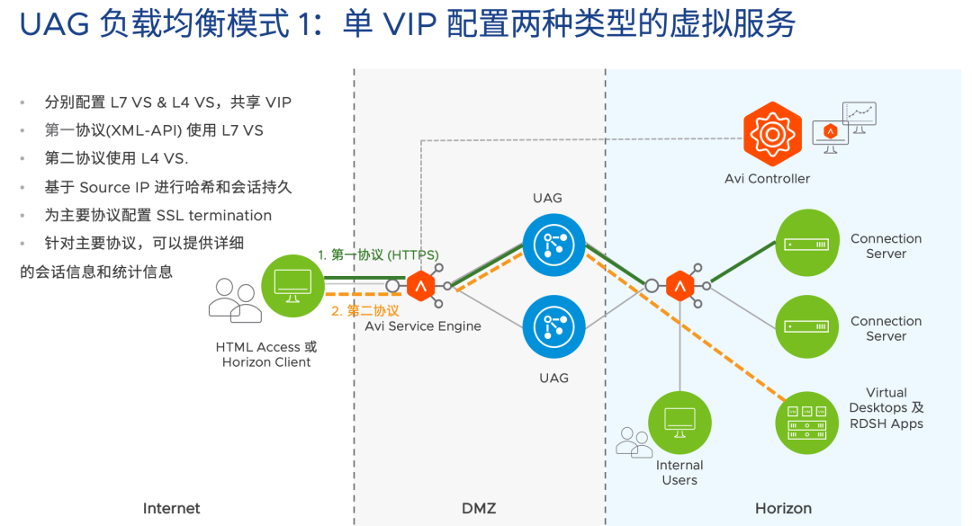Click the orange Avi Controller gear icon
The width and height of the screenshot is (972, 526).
(x=772, y=134)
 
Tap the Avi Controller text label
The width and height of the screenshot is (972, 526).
(x=767, y=178)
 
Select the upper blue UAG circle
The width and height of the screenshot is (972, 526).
(x=553, y=245)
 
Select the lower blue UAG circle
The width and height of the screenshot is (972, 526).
(x=553, y=326)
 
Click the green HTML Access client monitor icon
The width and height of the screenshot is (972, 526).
(x=292, y=286)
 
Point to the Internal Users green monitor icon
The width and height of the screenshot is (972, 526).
(x=679, y=423)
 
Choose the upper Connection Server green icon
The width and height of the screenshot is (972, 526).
(x=806, y=243)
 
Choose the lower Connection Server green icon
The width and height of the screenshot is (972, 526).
(x=806, y=326)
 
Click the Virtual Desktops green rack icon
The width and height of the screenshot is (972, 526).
(x=806, y=423)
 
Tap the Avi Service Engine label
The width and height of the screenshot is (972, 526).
(x=423, y=325)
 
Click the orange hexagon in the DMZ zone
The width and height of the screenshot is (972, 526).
(x=420, y=286)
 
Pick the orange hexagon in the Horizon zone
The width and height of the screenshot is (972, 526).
(x=679, y=286)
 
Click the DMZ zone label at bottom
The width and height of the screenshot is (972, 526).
(x=479, y=508)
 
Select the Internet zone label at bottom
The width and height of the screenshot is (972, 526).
(x=171, y=508)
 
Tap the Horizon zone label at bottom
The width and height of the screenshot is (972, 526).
(x=783, y=508)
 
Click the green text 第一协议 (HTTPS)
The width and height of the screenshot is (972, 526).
(x=385, y=254)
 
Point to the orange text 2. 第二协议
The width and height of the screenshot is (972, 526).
(x=365, y=310)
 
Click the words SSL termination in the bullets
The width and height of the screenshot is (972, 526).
(x=214, y=215)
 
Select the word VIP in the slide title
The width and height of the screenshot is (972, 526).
(x=409, y=24)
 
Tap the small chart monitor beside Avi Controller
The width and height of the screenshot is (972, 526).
(x=859, y=117)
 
